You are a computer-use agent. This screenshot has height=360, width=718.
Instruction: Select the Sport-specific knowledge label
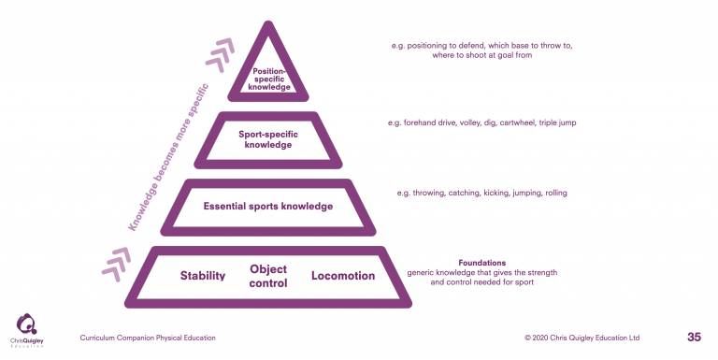pos(267,139)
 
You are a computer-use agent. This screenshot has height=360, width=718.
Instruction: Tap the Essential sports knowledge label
pos(267,206)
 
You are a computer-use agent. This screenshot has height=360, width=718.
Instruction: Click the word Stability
pos(203,276)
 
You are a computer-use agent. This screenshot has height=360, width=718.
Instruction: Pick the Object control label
pos(267,276)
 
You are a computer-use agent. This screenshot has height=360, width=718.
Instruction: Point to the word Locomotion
pos(343,276)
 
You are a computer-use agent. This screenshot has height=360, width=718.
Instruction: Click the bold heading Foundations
pos(482,263)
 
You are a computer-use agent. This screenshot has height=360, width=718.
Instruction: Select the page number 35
pos(694,337)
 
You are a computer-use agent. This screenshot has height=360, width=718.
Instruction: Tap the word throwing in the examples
pos(430,193)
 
